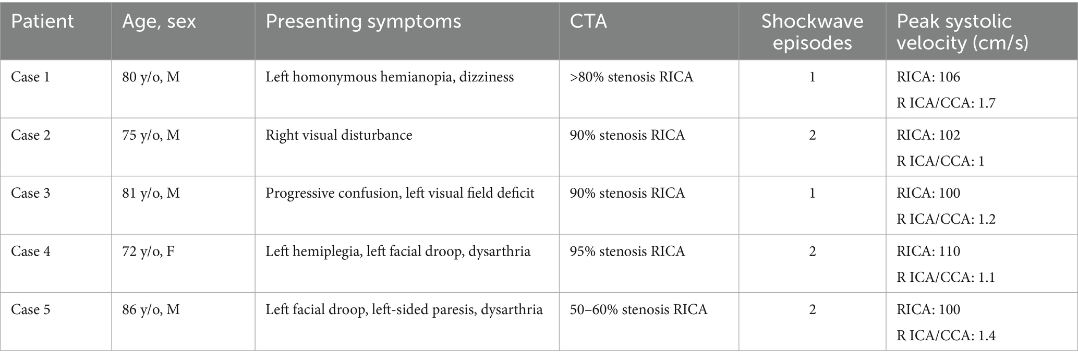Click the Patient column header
42,22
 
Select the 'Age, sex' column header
159,22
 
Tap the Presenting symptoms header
364,22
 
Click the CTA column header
588,22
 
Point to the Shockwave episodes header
812,32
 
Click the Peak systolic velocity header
962,32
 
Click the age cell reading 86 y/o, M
151,310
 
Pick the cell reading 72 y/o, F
148,251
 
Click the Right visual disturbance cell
339,136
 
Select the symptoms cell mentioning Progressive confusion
400,194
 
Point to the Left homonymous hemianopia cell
390,77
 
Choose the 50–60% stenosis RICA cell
638,310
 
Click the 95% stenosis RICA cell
627,251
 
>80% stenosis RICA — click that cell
632,77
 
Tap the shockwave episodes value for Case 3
812,194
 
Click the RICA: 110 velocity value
928,251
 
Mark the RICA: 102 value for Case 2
928,136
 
